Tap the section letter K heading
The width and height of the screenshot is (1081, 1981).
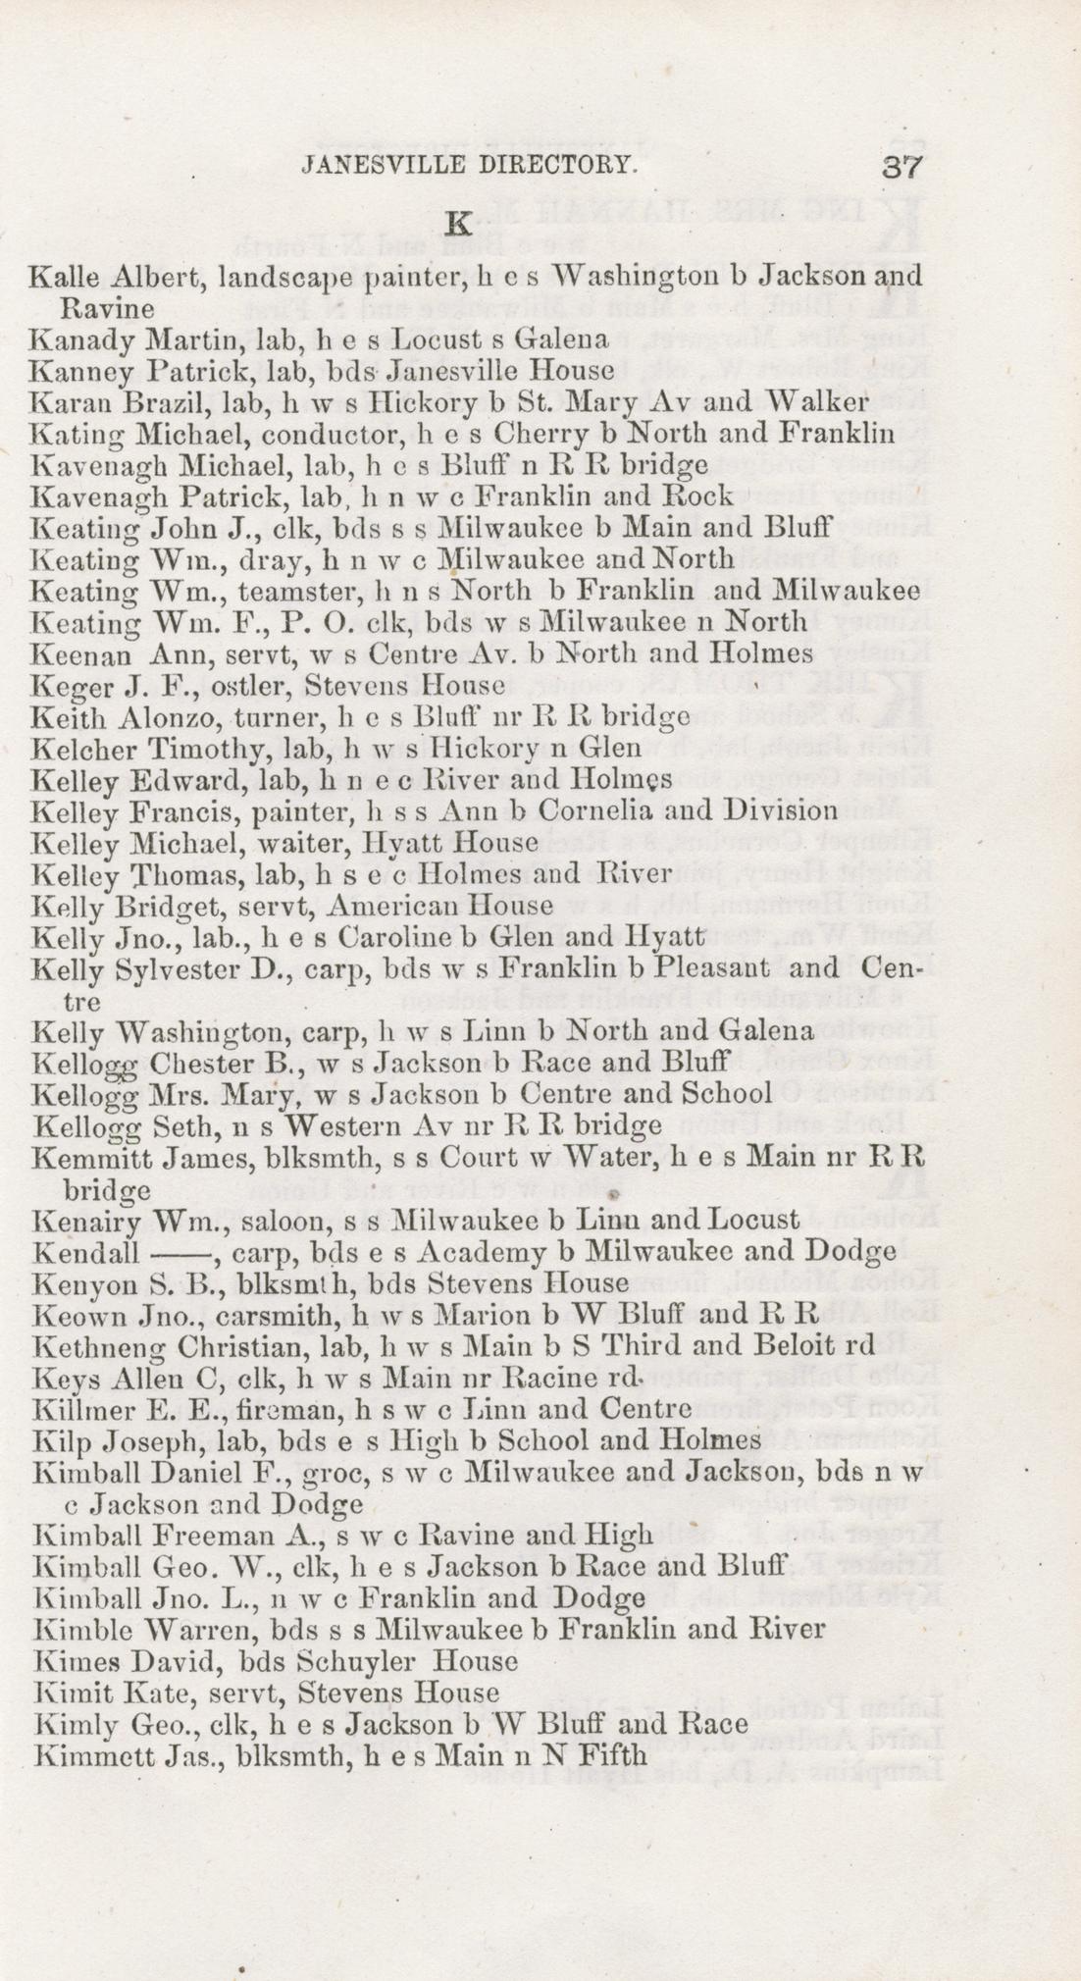(x=457, y=223)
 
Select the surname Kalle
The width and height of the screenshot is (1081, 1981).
(x=61, y=278)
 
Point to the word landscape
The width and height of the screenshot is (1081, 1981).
(x=284, y=280)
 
